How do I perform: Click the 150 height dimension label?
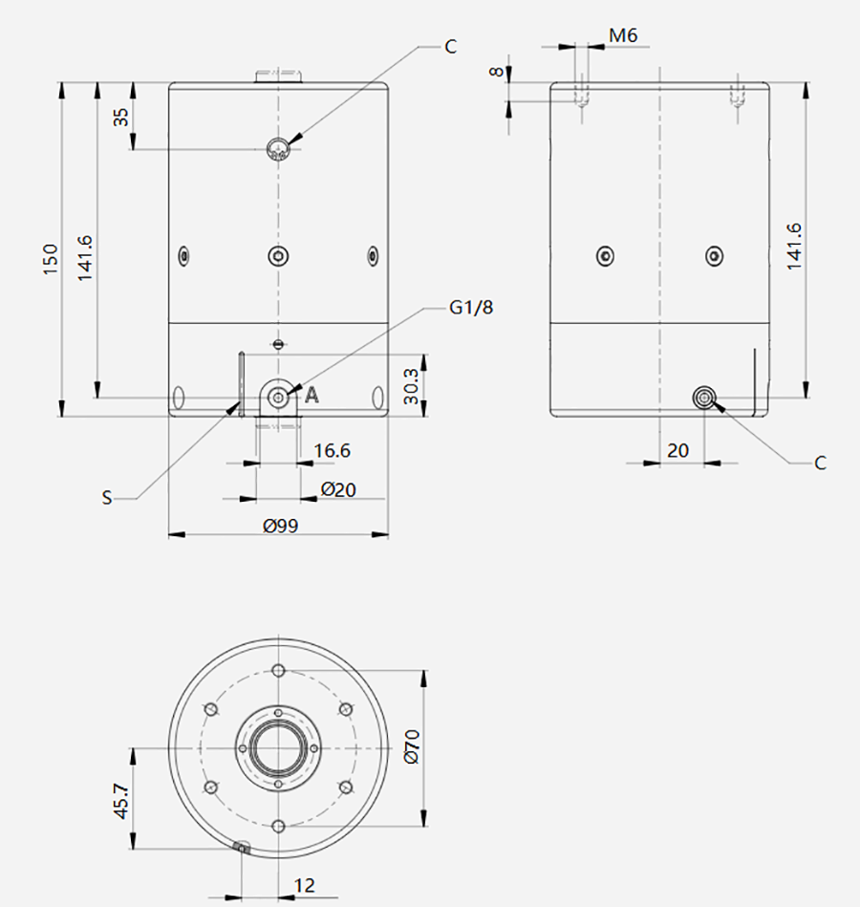click(x=51, y=259)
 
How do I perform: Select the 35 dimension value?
click(x=121, y=118)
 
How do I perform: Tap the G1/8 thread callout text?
click(x=471, y=307)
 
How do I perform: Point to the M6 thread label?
click(x=623, y=36)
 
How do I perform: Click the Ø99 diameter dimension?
click(x=281, y=526)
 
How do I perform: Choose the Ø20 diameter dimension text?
click(x=338, y=490)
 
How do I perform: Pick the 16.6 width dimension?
click(x=332, y=450)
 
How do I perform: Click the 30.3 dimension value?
click(x=410, y=386)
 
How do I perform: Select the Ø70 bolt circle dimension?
click(x=411, y=746)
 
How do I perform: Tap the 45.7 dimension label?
click(x=120, y=801)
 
